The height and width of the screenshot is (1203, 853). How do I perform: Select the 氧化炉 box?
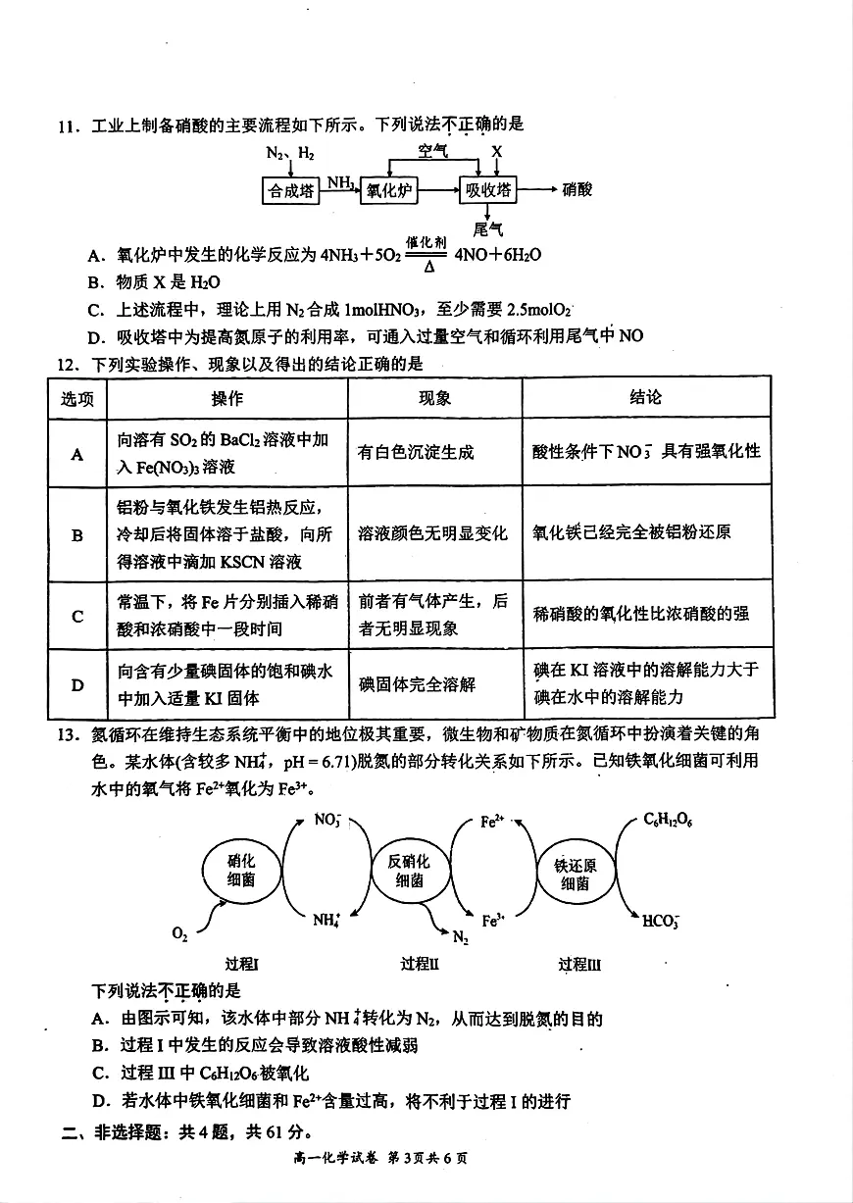(388, 191)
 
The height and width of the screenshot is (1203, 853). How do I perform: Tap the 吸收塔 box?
(487, 191)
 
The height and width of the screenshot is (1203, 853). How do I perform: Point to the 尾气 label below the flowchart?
(487, 230)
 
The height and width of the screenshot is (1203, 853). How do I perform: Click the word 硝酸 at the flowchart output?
(577, 190)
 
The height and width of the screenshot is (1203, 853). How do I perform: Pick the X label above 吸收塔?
(497, 152)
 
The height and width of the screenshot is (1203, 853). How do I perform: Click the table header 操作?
(227, 398)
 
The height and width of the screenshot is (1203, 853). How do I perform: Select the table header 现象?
(434, 398)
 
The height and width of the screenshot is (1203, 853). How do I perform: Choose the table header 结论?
(645, 397)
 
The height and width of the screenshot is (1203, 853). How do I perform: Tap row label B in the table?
(77, 535)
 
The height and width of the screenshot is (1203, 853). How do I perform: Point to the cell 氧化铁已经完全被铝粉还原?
(631, 533)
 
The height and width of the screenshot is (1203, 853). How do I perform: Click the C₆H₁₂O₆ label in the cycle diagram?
(669, 820)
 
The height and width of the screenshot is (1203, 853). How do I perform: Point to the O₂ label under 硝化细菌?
(179, 935)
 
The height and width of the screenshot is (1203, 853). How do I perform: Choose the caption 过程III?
(579, 965)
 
